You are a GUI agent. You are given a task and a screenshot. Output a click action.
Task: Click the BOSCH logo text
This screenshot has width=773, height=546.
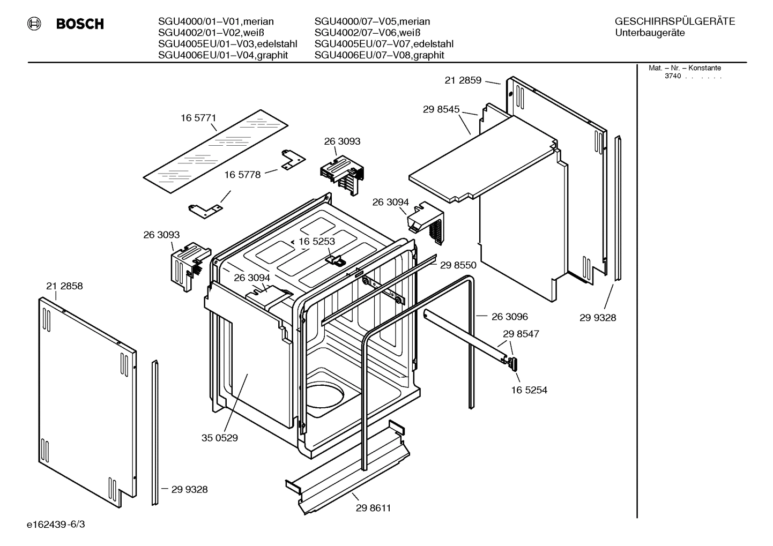80,24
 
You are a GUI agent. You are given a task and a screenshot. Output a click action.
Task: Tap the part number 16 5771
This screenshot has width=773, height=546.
198,118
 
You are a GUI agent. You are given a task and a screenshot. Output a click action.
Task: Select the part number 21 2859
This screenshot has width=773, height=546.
463,80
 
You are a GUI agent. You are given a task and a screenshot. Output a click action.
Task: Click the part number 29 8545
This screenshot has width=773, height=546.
441,109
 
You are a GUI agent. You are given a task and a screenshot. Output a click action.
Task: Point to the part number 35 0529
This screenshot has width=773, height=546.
220,438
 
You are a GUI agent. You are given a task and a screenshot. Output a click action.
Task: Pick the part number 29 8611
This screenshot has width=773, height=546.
373,508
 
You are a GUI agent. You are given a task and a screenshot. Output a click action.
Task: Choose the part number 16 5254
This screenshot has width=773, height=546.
529,390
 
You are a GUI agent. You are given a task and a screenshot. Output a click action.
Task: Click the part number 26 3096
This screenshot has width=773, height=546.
510,317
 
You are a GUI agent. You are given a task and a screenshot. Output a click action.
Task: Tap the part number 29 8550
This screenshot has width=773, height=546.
458,265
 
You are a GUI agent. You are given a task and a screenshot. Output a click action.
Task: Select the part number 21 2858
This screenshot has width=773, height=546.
64,286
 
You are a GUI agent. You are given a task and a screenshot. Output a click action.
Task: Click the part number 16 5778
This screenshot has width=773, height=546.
242,175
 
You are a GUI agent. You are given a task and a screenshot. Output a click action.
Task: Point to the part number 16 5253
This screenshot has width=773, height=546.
317,242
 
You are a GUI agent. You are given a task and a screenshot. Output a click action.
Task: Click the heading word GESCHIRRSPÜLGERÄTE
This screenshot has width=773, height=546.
674,21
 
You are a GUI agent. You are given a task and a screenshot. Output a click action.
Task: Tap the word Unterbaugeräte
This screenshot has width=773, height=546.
650,33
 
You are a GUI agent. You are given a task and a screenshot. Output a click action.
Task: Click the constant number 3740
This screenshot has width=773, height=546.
673,76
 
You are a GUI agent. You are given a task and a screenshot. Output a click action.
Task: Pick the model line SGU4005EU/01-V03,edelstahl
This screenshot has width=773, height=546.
227,44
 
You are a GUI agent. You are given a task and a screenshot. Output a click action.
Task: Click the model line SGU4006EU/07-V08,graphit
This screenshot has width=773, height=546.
379,55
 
